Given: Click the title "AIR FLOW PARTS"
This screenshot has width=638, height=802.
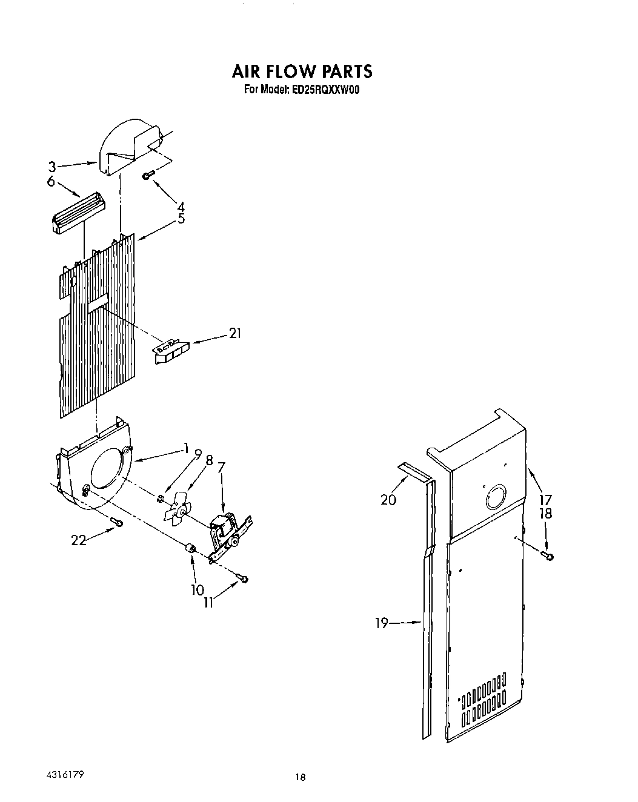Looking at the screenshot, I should (302, 71).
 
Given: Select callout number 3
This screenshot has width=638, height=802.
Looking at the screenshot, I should (53, 166).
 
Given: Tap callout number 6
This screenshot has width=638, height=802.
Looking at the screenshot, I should (50, 181).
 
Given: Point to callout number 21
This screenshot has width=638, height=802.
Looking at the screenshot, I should (234, 333).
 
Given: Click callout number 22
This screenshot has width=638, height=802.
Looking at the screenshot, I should (79, 541).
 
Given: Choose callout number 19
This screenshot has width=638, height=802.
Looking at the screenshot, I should (381, 623).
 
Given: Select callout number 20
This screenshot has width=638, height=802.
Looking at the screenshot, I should (388, 499).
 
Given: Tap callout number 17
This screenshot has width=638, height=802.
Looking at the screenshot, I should (545, 500).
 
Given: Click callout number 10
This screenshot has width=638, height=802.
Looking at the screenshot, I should (198, 589).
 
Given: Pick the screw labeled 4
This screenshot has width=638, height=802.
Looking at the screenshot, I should (148, 175).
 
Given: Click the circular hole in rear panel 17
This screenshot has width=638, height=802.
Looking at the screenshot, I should (496, 499).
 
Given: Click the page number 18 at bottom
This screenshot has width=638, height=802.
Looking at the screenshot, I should (300, 778).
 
